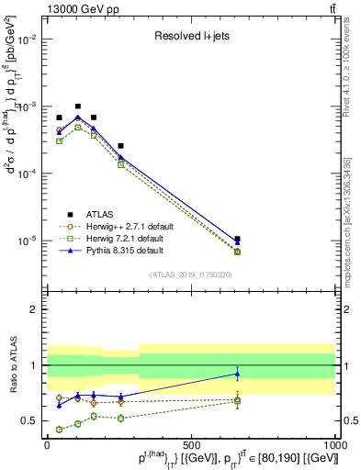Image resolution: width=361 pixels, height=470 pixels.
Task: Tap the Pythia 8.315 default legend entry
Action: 125,251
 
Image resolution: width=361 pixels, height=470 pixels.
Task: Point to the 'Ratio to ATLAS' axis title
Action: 12,365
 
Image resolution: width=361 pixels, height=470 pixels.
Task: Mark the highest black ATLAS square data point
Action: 78,106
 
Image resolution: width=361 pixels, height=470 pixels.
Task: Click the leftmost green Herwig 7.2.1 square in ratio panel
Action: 59,429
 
